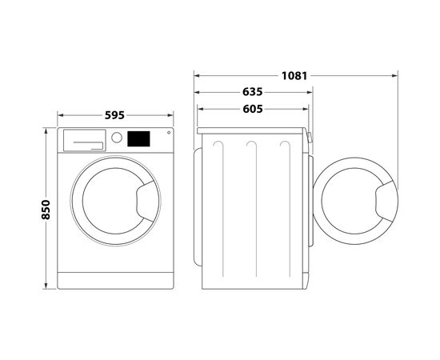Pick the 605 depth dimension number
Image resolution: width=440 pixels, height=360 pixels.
[x=252, y=109]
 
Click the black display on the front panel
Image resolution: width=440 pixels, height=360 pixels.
[x=139, y=138]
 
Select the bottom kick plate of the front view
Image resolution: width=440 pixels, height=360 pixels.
[x=117, y=282]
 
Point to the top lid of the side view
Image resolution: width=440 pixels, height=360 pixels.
[x=252, y=128]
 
